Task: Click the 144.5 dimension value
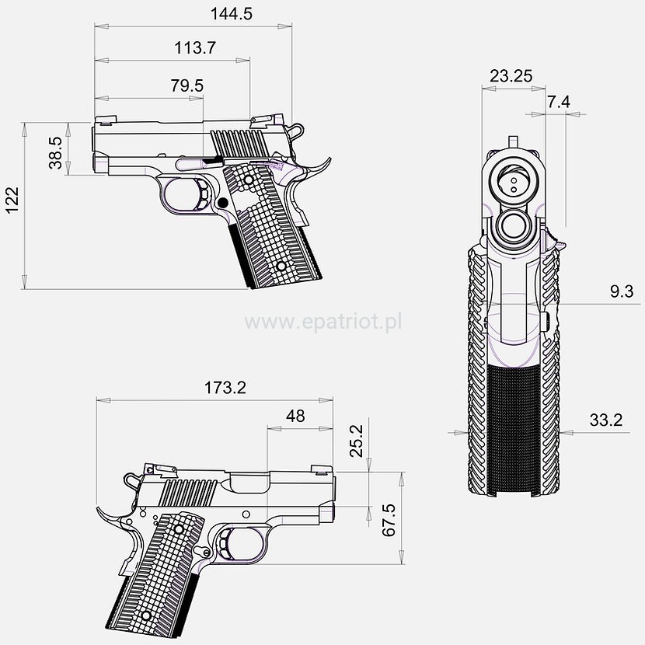click(x=231, y=14)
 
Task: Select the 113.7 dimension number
click(x=194, y=48)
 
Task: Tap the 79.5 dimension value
click(x=187, y=85)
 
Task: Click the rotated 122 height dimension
click(x=12, y=204)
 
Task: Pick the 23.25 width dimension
click(x=511, y=75)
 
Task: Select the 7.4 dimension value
click(x=559, y=102)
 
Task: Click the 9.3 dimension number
click(x=621, y=291)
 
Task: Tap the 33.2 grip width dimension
click(x=606, y=420)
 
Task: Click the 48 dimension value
click(x=295, y=416)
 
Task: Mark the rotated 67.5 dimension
click(x=390, y=521)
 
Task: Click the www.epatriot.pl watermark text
click(x=323, y=321)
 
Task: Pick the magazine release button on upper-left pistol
click(x=222, y=202)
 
